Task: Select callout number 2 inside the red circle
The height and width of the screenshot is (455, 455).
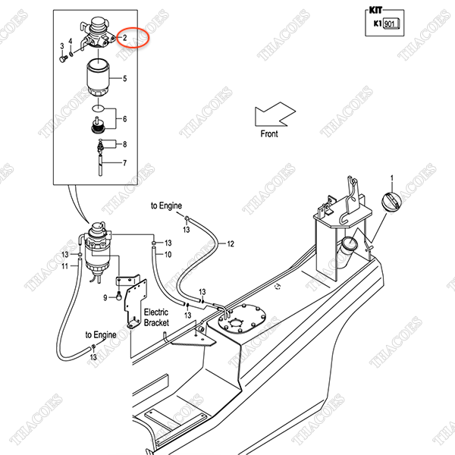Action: pos(124,36)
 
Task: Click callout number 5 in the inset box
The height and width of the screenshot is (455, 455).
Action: pos(124,79)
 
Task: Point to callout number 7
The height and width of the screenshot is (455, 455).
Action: pos(124,162)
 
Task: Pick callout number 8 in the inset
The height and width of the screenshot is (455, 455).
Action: pos(124,144)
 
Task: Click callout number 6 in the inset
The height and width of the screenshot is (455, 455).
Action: pos(124,119)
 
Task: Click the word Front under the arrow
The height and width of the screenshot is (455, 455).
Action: pos(269,134)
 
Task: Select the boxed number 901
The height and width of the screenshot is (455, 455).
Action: pos(390,24)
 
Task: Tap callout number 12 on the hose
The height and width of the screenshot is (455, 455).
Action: pos(231,243)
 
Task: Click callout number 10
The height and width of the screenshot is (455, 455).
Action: pos(168,255)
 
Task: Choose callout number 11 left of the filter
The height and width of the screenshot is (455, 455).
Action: pos(65,266)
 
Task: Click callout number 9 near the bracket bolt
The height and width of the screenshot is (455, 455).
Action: pos(106,297)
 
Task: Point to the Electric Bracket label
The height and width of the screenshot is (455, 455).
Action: pos(156,317)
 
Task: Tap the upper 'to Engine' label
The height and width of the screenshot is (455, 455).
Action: pos(166,206)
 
